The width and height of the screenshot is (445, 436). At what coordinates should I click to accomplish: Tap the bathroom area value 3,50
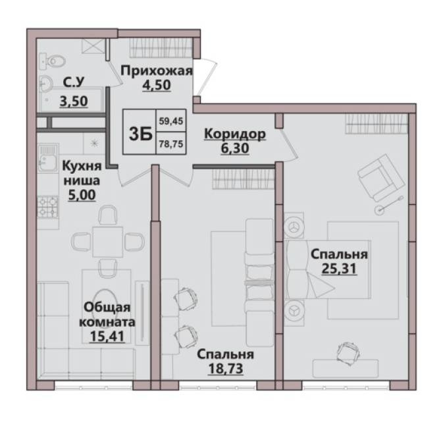point(74,101)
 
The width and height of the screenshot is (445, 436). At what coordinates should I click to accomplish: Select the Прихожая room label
point(157,70)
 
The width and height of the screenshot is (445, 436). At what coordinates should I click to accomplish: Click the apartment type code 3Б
point(140,133)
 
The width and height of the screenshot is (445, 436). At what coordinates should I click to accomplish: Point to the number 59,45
point(171,121)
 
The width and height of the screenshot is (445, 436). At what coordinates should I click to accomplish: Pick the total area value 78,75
point(171,144)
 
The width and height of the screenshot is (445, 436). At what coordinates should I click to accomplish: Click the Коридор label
point(235,134)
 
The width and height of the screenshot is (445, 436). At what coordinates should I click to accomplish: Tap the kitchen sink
point(48,159)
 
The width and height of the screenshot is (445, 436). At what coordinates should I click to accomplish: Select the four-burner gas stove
point(48,207)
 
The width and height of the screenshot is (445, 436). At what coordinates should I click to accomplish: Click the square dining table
point(107,242)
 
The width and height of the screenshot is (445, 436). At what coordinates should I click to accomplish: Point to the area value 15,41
point(107,337)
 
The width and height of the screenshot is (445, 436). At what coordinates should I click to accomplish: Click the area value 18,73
point(226,369)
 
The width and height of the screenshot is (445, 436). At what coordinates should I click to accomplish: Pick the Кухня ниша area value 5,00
point(82,195)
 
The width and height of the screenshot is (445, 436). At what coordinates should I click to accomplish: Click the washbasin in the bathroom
point(46,83)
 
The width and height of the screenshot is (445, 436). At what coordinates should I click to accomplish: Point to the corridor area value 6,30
point(235,148)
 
